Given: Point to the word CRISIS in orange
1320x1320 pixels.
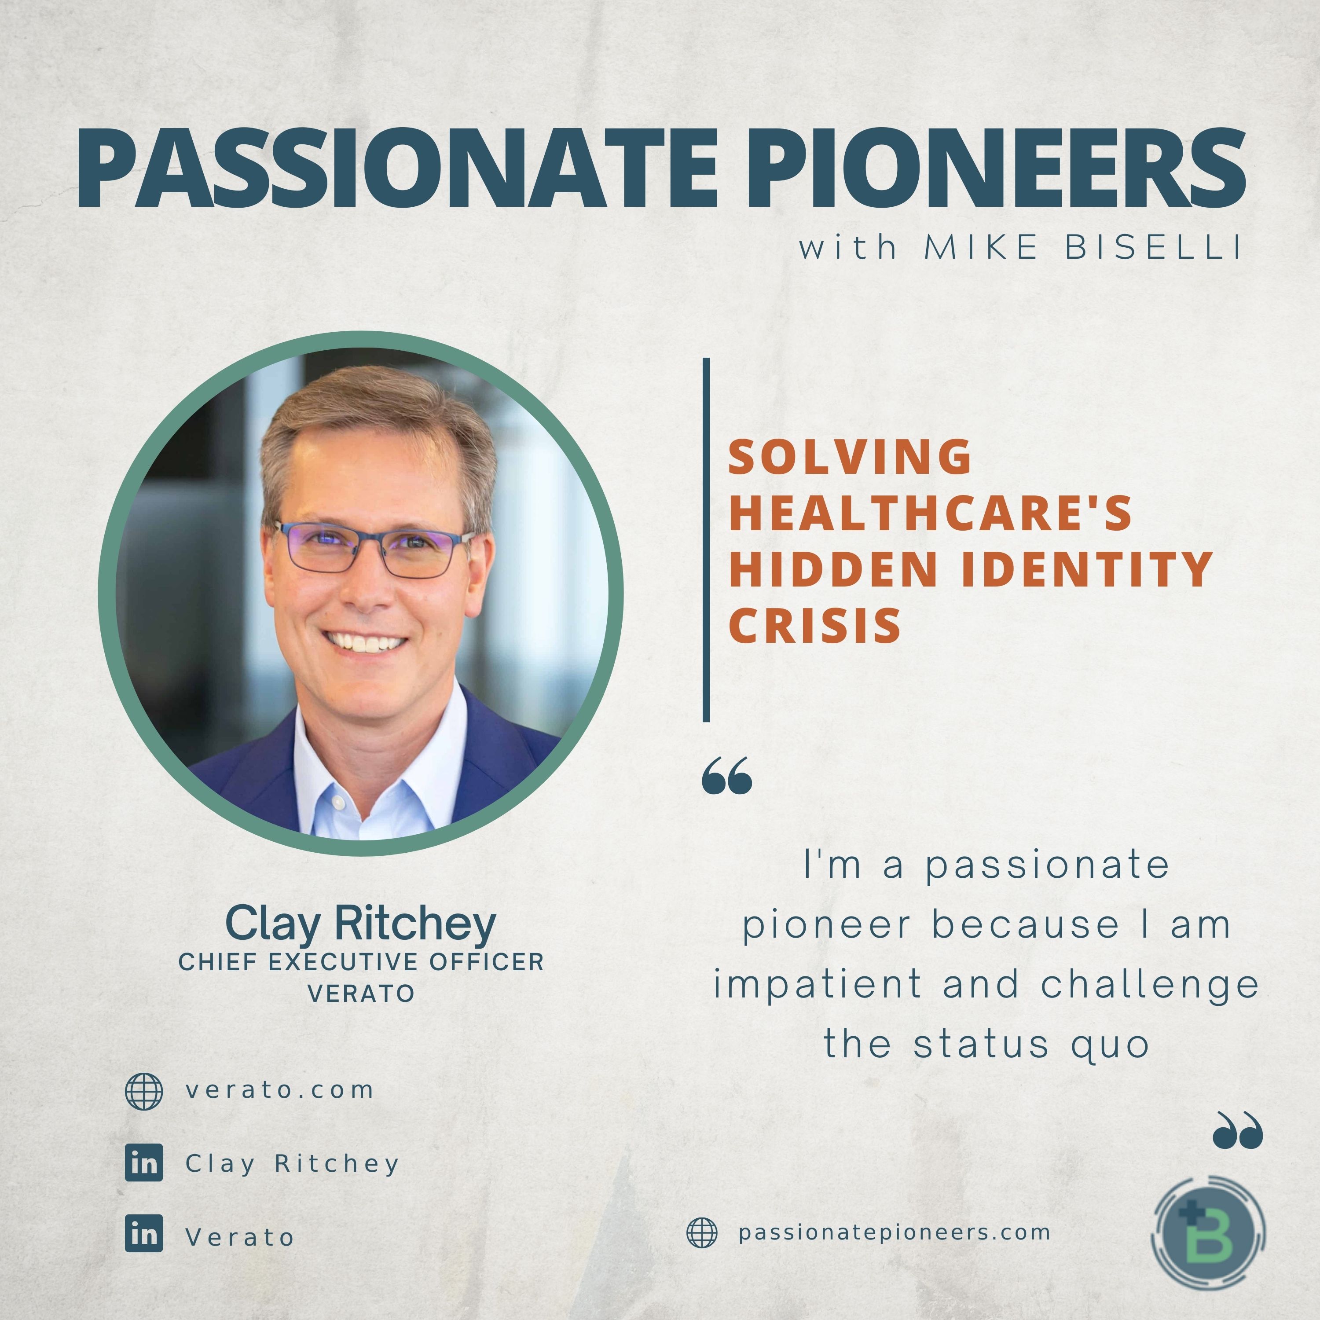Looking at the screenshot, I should click(x=815, y=625).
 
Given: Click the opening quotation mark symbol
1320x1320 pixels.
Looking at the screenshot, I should click(x=727, y=775).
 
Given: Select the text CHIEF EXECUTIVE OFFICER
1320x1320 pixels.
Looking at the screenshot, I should click(x=361, y=962).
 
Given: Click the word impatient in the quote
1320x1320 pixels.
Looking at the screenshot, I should click(x=818, y=985).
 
